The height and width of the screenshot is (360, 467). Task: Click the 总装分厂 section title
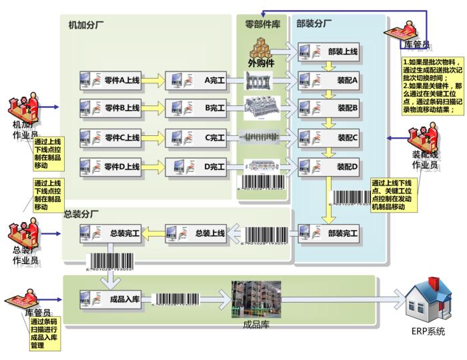pyautogui.click(x=81, y=215)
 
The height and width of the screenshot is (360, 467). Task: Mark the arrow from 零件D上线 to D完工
pyautogui.click(x=153, y=164)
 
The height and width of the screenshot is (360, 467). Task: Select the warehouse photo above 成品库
pyautogui.click(x=255, y=299)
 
